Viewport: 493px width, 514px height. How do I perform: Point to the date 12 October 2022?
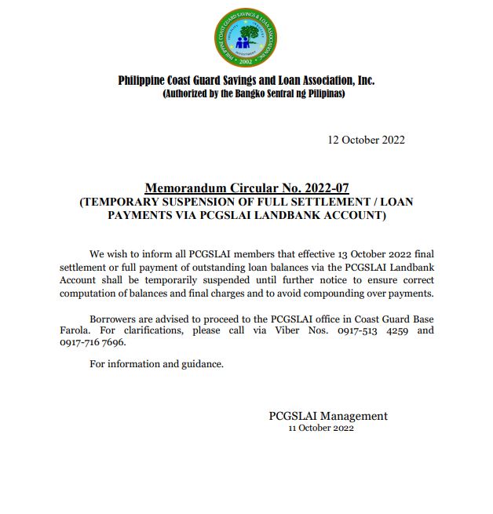[x=366, y=140]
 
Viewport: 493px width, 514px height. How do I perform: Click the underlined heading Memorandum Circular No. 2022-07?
[x=246, y=188]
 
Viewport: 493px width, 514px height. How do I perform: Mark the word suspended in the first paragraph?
[x=239, y=280]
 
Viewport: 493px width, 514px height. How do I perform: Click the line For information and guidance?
[x=156, y=364]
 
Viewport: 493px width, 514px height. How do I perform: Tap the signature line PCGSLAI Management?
[x=328, y=416]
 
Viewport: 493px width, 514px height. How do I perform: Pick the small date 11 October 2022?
[x=321, y=428]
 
